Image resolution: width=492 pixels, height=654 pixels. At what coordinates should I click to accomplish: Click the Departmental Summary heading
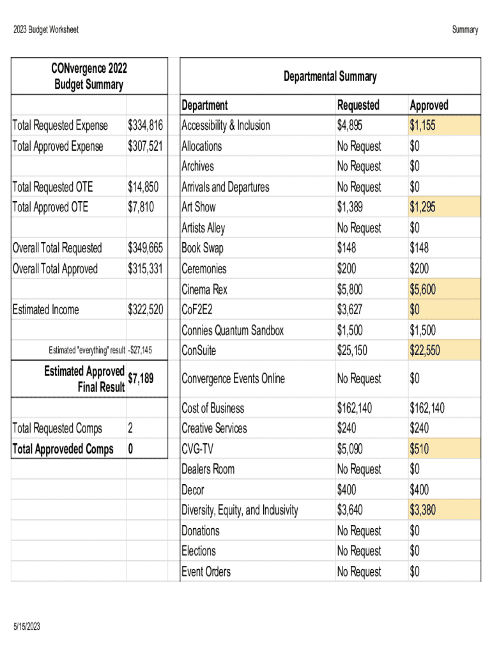[x=330, y=77]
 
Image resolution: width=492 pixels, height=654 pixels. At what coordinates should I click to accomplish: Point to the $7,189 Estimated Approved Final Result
[x=141, y=379]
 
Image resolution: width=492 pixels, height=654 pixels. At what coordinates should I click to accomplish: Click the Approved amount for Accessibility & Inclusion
[x=422, y=125]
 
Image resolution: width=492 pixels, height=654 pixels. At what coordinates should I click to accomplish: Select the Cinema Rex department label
[x=204, y=289]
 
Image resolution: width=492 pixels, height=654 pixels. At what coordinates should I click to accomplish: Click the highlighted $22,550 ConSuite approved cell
[x=424, y=351]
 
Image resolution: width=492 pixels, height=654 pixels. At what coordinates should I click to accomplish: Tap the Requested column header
[x=358, y=105]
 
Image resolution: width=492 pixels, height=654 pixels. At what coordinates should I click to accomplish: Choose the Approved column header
[x=429, y=105]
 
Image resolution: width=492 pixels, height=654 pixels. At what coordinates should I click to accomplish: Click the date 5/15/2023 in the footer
[x=26, y=627]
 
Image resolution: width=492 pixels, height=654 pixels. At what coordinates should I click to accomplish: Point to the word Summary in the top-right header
[x=465, y=29]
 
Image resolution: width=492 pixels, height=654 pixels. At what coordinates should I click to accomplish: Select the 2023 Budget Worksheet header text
[x=45, y=29]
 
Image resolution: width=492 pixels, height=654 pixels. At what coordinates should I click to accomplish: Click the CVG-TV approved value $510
[x=419, y=449]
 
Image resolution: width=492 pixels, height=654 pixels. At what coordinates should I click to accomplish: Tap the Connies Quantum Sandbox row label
[x=233, y=330]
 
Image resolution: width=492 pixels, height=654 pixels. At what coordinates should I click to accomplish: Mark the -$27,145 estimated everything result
[x=141, y=351]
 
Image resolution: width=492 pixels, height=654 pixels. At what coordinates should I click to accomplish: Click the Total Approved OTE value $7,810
[x=141, y=207]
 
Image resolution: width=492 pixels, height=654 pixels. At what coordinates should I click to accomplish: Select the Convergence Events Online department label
[x=233, y=379]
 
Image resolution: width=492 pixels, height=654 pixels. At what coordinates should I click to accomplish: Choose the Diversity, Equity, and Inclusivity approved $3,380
[x=422, y=510]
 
